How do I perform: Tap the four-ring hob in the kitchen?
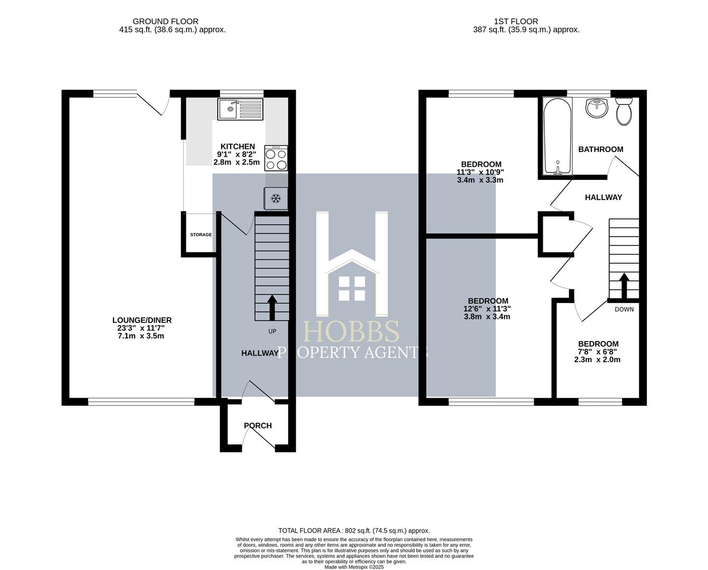click(x=276, y=158)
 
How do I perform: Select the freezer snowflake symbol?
click(x=275, y=198)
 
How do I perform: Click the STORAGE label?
click(x=201, y=235)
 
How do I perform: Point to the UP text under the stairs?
click(x=272, y=331)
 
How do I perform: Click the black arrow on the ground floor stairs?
click(x=272, y=308)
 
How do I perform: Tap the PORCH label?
click(x=258, y=425)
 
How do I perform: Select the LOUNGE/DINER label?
click(x=141, y=320)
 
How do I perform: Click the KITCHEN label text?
click(x=238, y=147)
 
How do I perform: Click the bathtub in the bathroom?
click(x=558, y=136)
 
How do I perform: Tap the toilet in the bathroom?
click(x=624, y=110)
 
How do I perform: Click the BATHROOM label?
click(x=600, y=149)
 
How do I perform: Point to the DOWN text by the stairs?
click(x=624, y=309)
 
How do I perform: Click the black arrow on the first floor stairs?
click(x=624, y=286)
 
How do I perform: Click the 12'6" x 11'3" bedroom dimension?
click(x=487, y=309)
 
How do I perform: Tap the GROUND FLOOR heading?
click(x=165, y=22)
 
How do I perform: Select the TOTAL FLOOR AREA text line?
click(x=354, y=530)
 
